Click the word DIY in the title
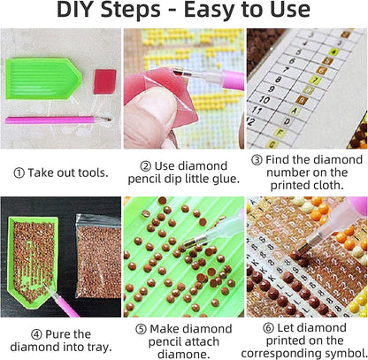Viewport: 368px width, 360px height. click(x=76, y=10)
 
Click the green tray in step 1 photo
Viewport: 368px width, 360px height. click(x=43, y=79)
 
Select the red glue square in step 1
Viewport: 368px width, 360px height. click(x=104, y=81)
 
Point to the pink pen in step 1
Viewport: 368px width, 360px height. click(x=58, y=120)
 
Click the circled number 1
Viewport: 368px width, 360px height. click(x=19, y=173)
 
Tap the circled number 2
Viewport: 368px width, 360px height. click(x=146, y=166)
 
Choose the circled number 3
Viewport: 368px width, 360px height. click(x=257, y=160)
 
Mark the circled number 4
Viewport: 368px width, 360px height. click(x=36, y=334)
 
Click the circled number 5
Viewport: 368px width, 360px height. click(x=141, y=329)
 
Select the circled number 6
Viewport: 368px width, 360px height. click(x=268, y=328)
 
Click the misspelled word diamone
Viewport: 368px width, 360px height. click(x=183, y=354)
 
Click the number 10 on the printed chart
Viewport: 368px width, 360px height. click(x=264, y=100)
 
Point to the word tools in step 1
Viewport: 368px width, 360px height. click(x=95, y=172)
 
